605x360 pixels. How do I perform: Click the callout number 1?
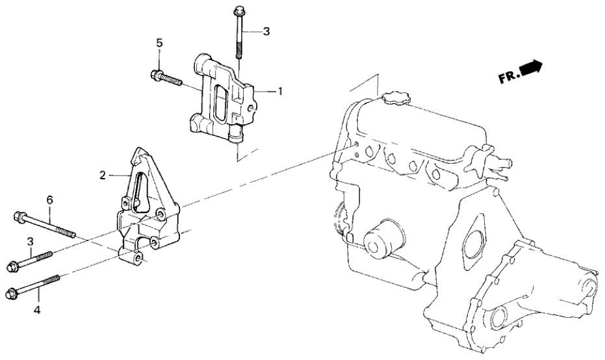coord(280,92)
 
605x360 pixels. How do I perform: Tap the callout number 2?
coord(102,175)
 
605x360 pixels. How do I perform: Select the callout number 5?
coord(159,43)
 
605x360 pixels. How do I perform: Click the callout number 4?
coord(37,311)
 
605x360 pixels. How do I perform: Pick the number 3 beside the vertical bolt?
coord(264,31)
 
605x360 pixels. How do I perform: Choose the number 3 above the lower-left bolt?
coord(30,242)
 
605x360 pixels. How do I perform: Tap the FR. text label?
coord(509,77)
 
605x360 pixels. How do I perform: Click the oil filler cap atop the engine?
coord(395,99)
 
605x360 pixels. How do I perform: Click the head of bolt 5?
coord(156,75)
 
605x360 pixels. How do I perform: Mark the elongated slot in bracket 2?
coord(138,195)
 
